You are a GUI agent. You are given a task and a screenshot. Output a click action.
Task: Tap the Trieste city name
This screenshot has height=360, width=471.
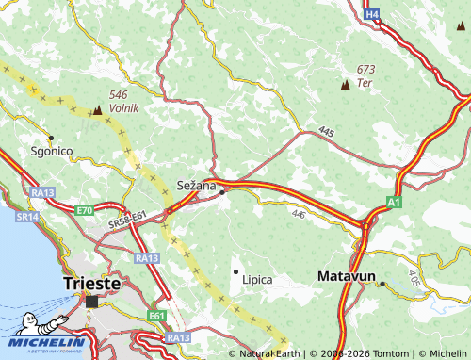tap(92, 283)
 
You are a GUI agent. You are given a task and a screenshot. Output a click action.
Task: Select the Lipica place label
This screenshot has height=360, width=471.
tap(257, 280)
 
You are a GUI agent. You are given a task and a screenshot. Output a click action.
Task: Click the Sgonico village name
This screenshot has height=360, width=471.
tap(51, 151)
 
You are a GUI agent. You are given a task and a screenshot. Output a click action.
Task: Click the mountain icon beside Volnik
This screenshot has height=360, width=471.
tap(97, 109)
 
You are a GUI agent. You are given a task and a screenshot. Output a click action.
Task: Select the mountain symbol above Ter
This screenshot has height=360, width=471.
tap(345, 84)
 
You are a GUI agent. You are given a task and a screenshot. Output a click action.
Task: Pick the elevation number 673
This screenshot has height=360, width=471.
tap(366, 70)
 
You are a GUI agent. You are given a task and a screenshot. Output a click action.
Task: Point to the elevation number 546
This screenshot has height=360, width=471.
tap(118, 95)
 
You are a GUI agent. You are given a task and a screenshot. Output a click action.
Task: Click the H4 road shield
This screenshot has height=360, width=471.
tap(373, 14)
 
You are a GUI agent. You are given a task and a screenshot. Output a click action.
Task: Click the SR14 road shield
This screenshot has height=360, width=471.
tap(26, 217)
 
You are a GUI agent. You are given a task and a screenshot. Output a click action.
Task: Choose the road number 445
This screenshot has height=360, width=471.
tap(326, 131)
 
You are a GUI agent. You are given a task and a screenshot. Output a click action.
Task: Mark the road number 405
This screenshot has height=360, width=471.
tap(415, 279)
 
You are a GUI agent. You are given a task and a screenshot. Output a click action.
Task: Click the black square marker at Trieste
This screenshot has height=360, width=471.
tap(91, 302)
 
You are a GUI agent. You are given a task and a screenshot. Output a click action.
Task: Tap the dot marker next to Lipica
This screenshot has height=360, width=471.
tap(235, 271)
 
